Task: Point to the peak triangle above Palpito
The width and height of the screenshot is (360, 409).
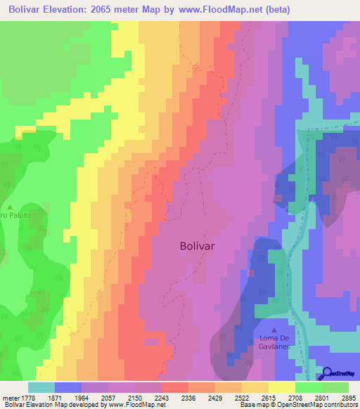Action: point(10,207)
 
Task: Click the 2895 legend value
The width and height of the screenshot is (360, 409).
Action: point(349,397)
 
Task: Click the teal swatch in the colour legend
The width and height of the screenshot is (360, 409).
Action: point(41,387)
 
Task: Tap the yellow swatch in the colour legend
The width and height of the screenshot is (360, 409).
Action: point(282,387)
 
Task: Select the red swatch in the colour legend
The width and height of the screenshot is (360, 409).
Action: point(175,387)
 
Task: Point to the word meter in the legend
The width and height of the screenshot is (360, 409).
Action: point(11,397)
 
